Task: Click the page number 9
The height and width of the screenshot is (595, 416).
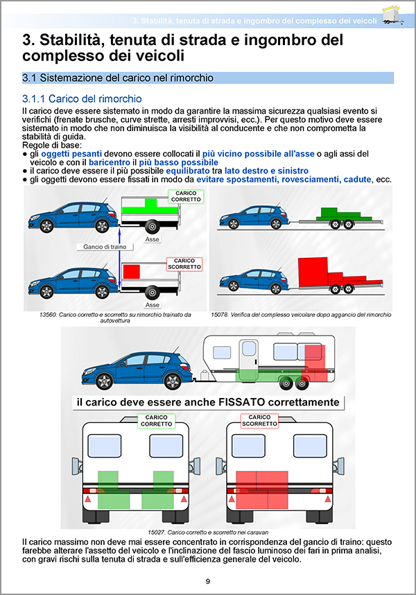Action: pyautogui.click(x=208, y=580)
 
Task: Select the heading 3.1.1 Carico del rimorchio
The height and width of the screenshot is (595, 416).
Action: pyautogui.click(x=82, y=99)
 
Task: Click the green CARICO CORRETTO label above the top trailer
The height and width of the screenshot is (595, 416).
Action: pyautogui.click(x=185, y=197)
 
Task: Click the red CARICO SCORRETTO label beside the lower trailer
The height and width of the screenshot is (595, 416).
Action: pyautogui.click(x=185, y=264)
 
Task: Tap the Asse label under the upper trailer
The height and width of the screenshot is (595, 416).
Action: pyautogui.click(x=152, y=239)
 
